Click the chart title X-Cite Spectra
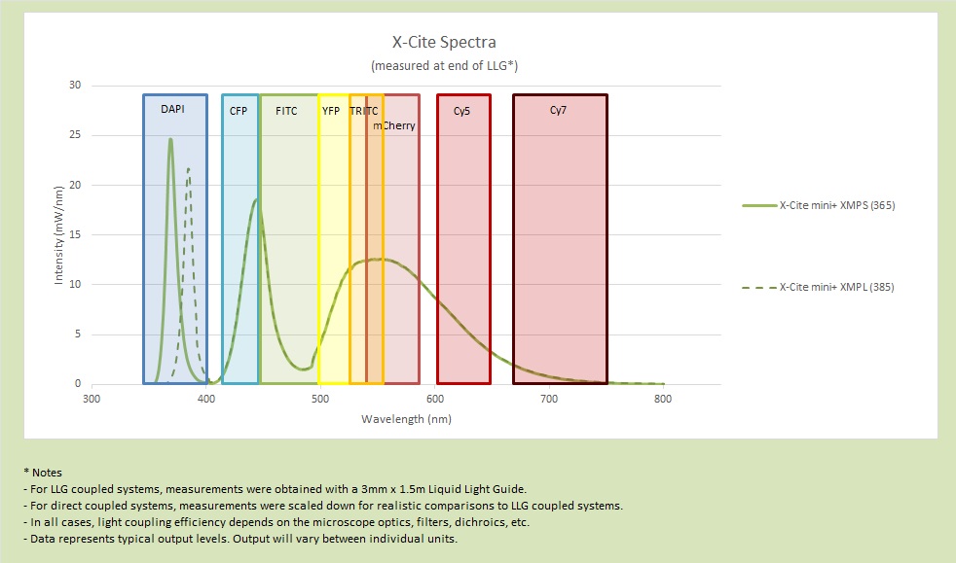click(443, 43)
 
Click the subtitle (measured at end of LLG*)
click(443, 65)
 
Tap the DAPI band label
click(172, 110)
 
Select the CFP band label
click(239, 112)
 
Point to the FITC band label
click(286, 111)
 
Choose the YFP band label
click(331, 112)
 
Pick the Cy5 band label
click(462, 112)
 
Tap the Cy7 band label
click(558, 111)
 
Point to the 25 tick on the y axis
click(74, 135)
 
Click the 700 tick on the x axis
click(548, 399)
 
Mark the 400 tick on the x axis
click(205, 399)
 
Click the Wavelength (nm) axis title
click(406, 419)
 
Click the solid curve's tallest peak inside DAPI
click(170, 139)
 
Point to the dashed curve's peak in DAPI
click(189, 169)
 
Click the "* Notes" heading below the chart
click(41, 472)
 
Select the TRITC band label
click(364, 112)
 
